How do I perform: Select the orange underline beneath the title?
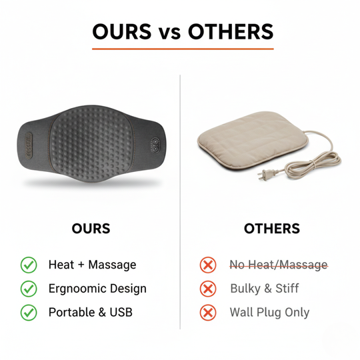[x=182, y=49]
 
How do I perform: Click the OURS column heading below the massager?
[x=91, y=229]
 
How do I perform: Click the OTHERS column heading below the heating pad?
[x=272, y=229]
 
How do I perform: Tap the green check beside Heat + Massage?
[x=29, y=265]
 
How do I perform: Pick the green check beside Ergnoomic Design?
[x=29, y=289]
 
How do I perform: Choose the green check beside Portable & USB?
[x=29, y=311]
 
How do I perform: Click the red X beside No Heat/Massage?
[x=209, y=265]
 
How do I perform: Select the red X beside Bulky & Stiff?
[x=209, y=289]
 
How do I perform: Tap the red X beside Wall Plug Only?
[x=209, y=312]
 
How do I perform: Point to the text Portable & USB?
[x=90, y=311]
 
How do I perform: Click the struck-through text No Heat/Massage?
[x=279, y=265]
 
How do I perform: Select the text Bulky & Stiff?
[x=264, y=289]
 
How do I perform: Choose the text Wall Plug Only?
[x=269, y=312]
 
